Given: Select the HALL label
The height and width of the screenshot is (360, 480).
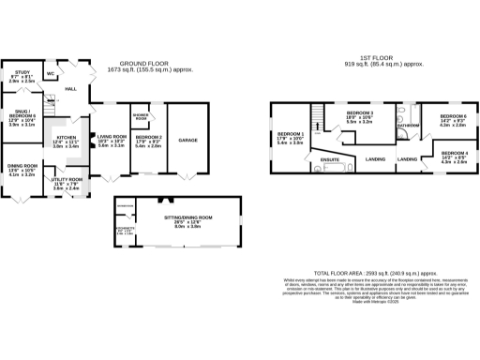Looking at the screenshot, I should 69,88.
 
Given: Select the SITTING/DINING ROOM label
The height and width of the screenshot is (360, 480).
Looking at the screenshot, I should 188,219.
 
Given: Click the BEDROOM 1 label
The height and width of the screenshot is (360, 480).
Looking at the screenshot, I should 289,137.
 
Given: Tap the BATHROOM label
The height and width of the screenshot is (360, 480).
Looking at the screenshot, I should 407,124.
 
